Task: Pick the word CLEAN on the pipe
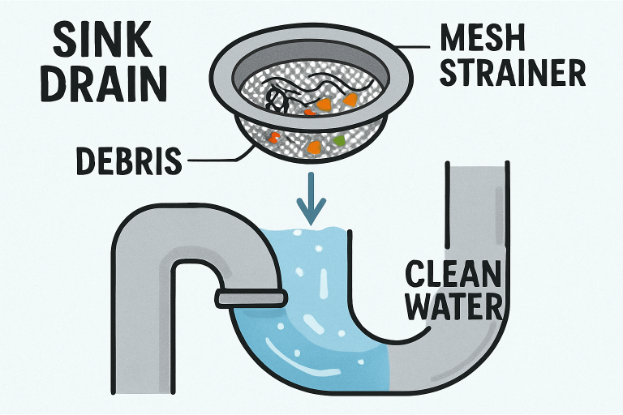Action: pyautogui.click(x=450, y=276)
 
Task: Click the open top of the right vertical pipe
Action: pyautogui.click(x=477, y=166)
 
